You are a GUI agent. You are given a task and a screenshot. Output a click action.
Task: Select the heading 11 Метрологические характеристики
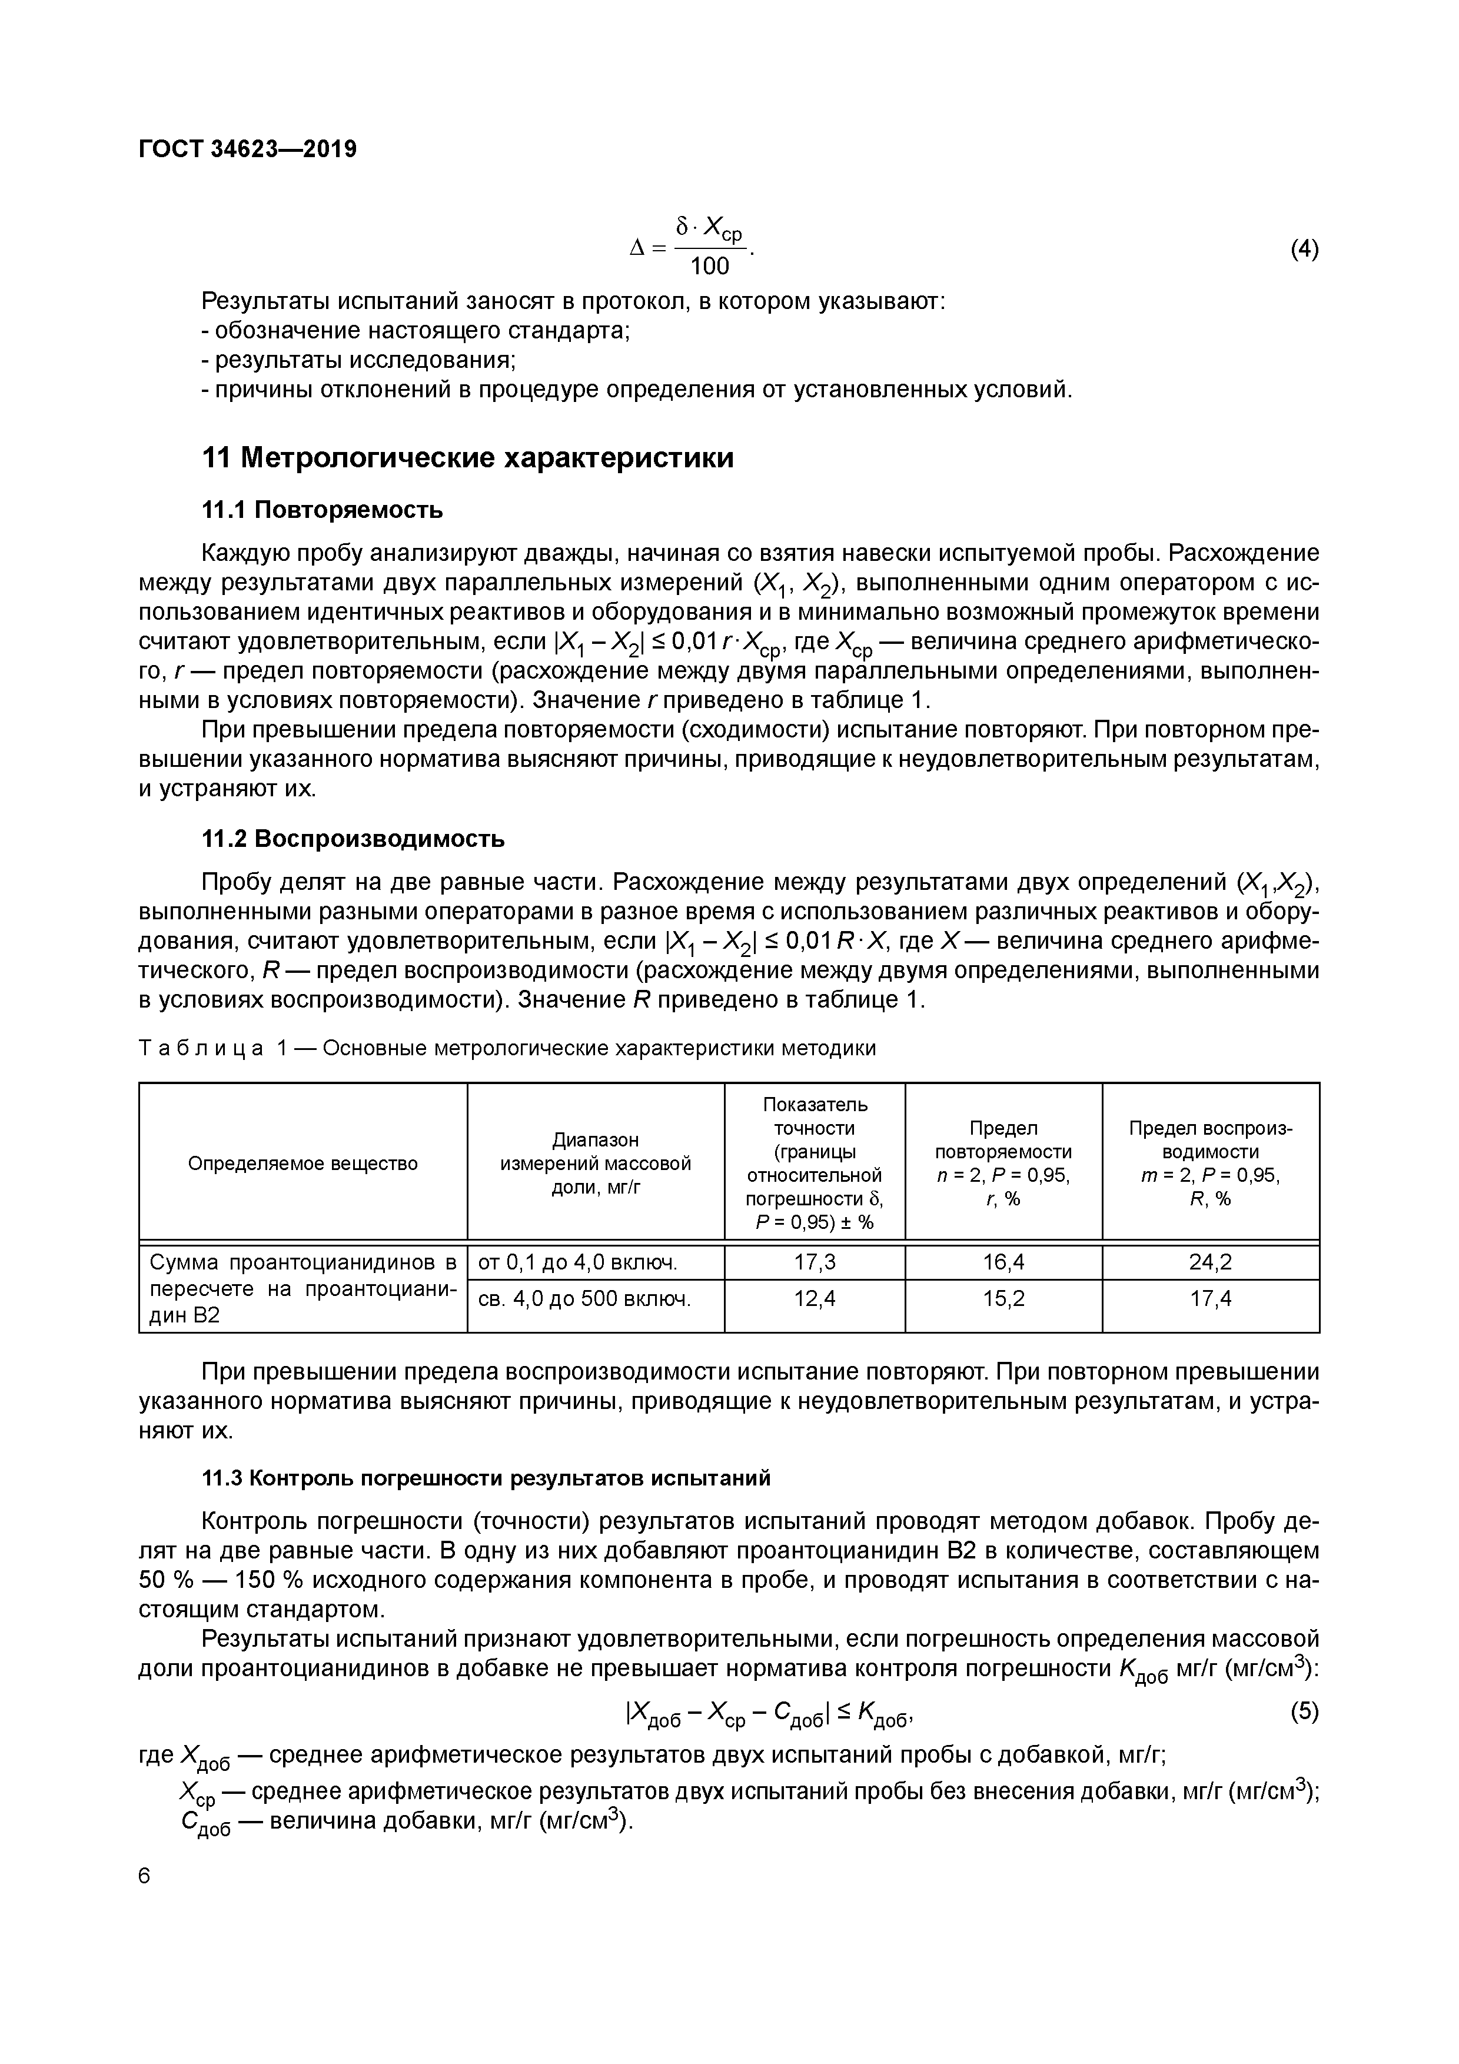tap(467, 458)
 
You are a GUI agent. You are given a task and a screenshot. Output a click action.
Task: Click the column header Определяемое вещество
tap(303, 1164)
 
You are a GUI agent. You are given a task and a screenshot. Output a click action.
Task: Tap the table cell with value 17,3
tap(815, 1263)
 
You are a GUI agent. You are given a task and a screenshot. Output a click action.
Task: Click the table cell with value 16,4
tap(1003, 1263)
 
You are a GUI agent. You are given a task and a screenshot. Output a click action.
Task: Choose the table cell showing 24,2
tap(1210, 1263)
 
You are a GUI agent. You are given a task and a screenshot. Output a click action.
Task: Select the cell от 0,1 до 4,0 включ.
tap(577, 1263)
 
